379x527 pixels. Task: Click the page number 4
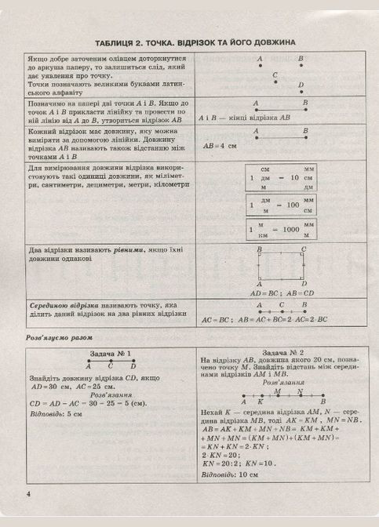(28, 492)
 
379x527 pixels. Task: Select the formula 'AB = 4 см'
(220, 147)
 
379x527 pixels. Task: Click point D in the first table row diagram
(301, 89)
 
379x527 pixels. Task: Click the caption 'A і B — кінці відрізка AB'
(245, 117)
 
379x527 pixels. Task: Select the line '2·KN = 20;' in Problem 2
(222, 452)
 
